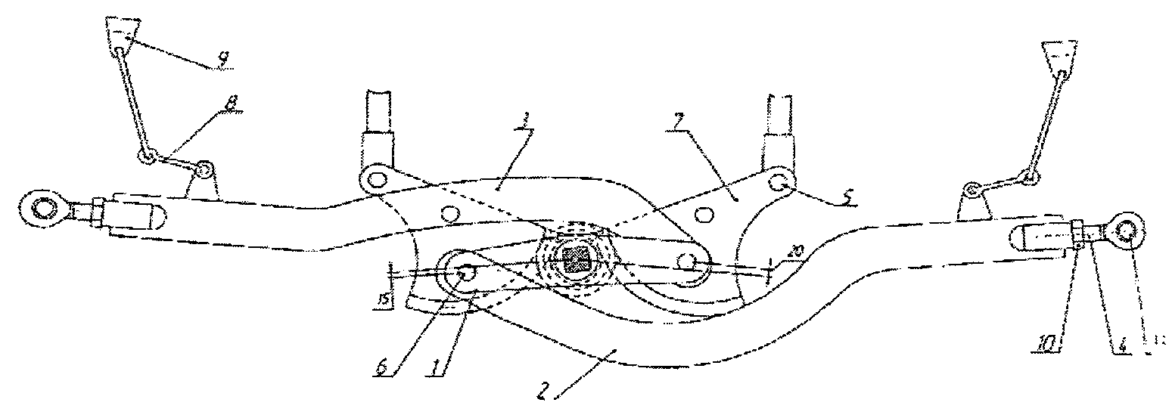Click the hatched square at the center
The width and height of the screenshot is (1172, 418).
(578, 261)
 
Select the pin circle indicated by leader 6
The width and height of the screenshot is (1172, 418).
(463, 275)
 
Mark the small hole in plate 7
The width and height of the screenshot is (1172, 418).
(704, 215)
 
